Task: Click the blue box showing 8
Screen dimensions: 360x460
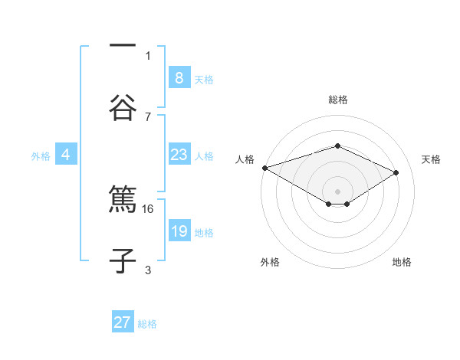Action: [x=179, y=78]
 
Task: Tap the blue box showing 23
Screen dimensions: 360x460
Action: [x=179, y=155]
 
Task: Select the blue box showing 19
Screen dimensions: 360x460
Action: [x=179, y=231]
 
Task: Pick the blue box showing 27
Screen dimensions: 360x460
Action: [x=123, y=322]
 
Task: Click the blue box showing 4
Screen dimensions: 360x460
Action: [x=66, y=155]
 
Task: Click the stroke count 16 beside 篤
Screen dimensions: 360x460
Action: [x=149, y=208]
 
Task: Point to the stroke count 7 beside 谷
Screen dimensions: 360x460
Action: [x=148, y=116]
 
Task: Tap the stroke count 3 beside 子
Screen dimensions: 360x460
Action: [x=148, y=270]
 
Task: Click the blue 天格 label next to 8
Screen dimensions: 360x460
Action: [x=204, y=79]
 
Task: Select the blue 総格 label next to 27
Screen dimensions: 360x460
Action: [x=147, y=324]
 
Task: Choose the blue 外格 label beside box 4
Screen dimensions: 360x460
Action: [x=41, y=155]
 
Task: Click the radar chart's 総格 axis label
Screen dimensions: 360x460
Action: [x=337, y=100]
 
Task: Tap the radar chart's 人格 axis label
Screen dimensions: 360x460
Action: [x=245, y=159]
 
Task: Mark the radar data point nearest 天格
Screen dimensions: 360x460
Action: [x=396, y=173]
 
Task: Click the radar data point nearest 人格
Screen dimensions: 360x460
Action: [x=264, y=168]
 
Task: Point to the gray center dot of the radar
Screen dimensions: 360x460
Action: [x=337, y=191]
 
